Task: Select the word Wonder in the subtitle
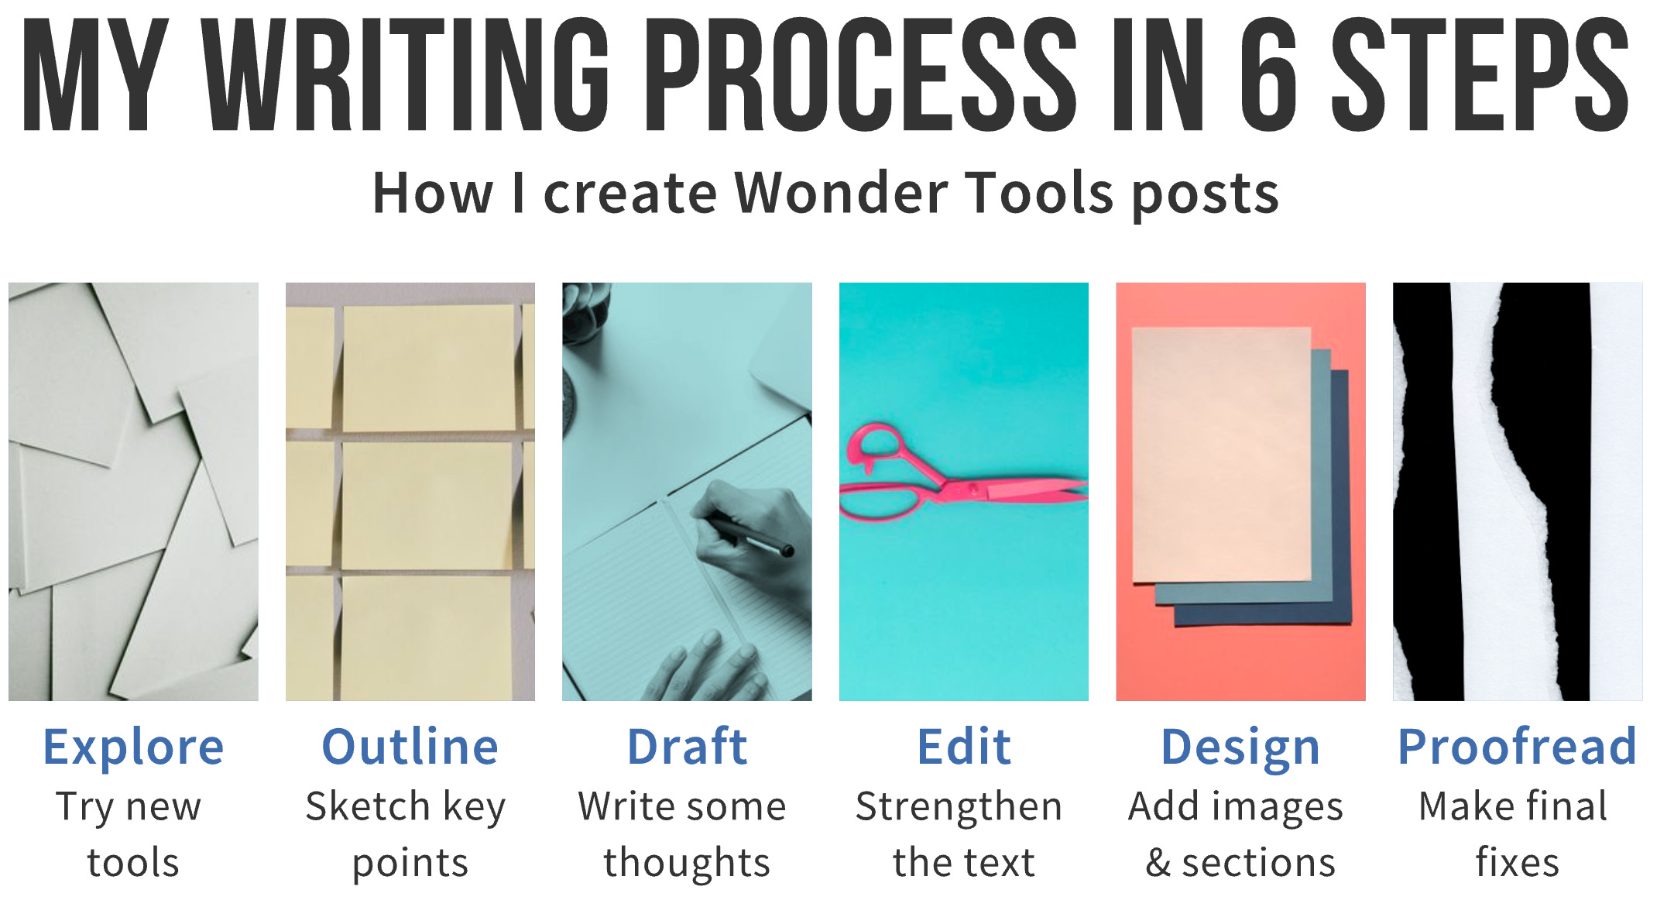click(840, 193)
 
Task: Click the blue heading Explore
click(133, 747)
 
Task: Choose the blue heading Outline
click(410, 747)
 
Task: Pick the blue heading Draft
click(687, 747)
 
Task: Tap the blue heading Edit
click(964, 747)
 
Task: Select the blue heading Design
click(1240, 747)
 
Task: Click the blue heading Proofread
click(1517, 747)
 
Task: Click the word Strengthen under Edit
click(959, 807)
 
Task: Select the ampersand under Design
click(1158, 863)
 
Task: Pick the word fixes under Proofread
click(1517, 863)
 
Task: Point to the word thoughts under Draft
click(687, 863)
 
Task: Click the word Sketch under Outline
click(368, 807)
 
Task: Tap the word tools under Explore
click(133, 863)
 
